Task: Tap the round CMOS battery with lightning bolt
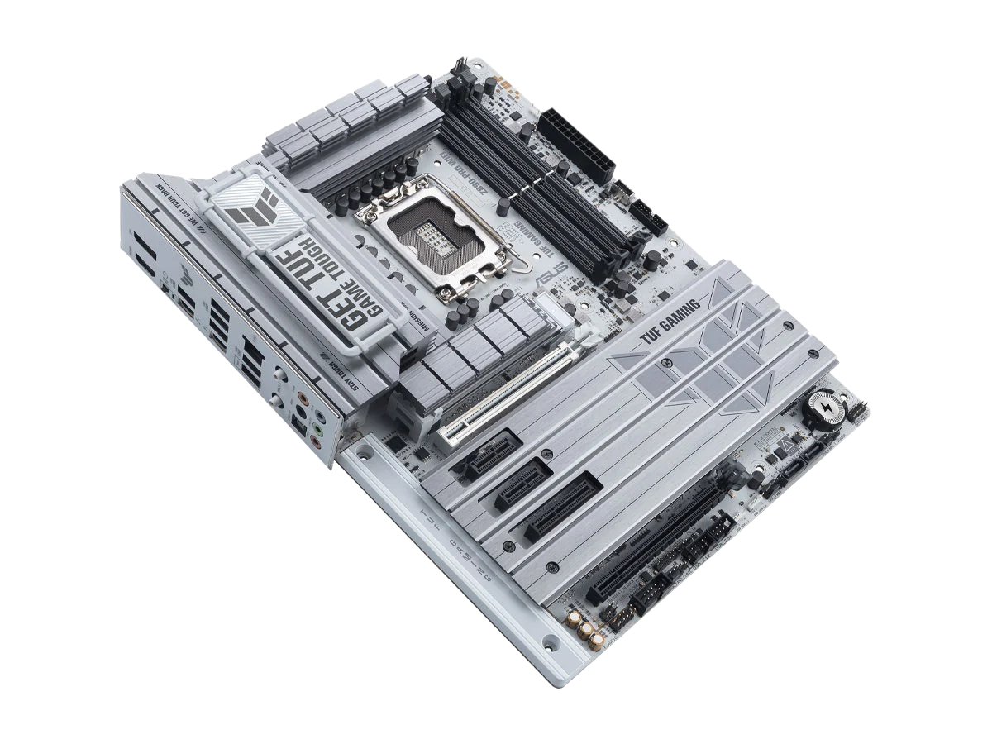click(x=823, y=410)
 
